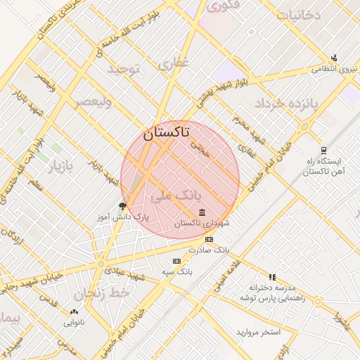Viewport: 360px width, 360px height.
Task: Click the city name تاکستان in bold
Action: (x=166, y=131)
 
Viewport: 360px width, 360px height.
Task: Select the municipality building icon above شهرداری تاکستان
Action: (x=202, y=212)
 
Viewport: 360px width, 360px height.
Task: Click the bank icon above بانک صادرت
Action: (x=209, y=240)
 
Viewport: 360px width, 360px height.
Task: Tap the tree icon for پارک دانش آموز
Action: (x=123, y=206)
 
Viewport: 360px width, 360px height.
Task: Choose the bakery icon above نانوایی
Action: (x=75, y=311)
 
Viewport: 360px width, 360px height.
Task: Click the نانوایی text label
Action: (x=74, y=323)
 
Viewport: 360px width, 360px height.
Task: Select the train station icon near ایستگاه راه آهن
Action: (x=323, y=149)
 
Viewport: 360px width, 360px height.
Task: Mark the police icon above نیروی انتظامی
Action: (x=333, y=58)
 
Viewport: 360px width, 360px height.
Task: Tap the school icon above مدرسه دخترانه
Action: (x=272, y=277)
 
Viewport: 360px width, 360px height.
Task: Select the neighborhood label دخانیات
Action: (x=298, y=14)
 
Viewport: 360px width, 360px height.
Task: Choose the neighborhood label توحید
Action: (x=124, y=69)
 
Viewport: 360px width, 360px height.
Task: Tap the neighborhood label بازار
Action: (x=60, y=169)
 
